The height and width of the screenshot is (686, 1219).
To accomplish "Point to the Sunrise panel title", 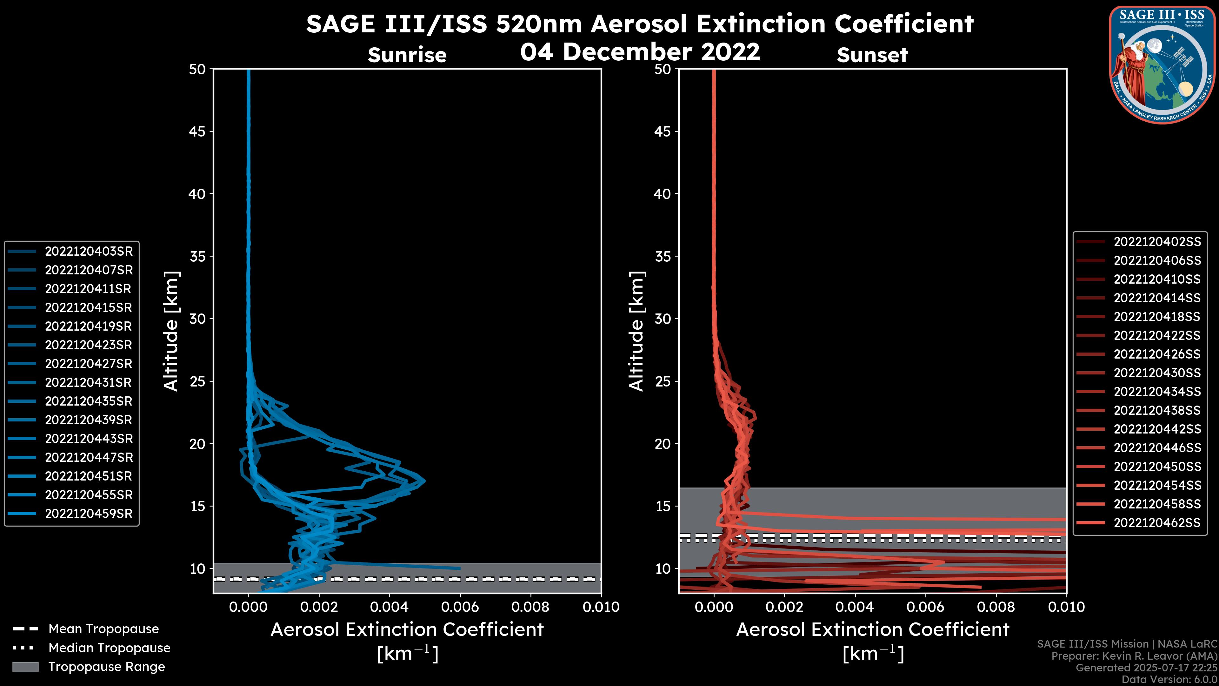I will point(407,55).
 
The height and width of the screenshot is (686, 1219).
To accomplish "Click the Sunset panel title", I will point(872,55).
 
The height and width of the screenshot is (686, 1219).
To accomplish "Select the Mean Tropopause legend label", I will point(103,629).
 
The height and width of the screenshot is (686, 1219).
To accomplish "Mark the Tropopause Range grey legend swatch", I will point(25,667).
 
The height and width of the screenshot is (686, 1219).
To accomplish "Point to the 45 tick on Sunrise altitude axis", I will point(197,131).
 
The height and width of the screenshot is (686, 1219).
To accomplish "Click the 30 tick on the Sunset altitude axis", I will point(663,319).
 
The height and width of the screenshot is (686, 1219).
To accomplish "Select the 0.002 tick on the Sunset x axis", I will point(784,607).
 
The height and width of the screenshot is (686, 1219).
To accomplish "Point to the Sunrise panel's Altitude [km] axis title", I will point(171,331).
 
